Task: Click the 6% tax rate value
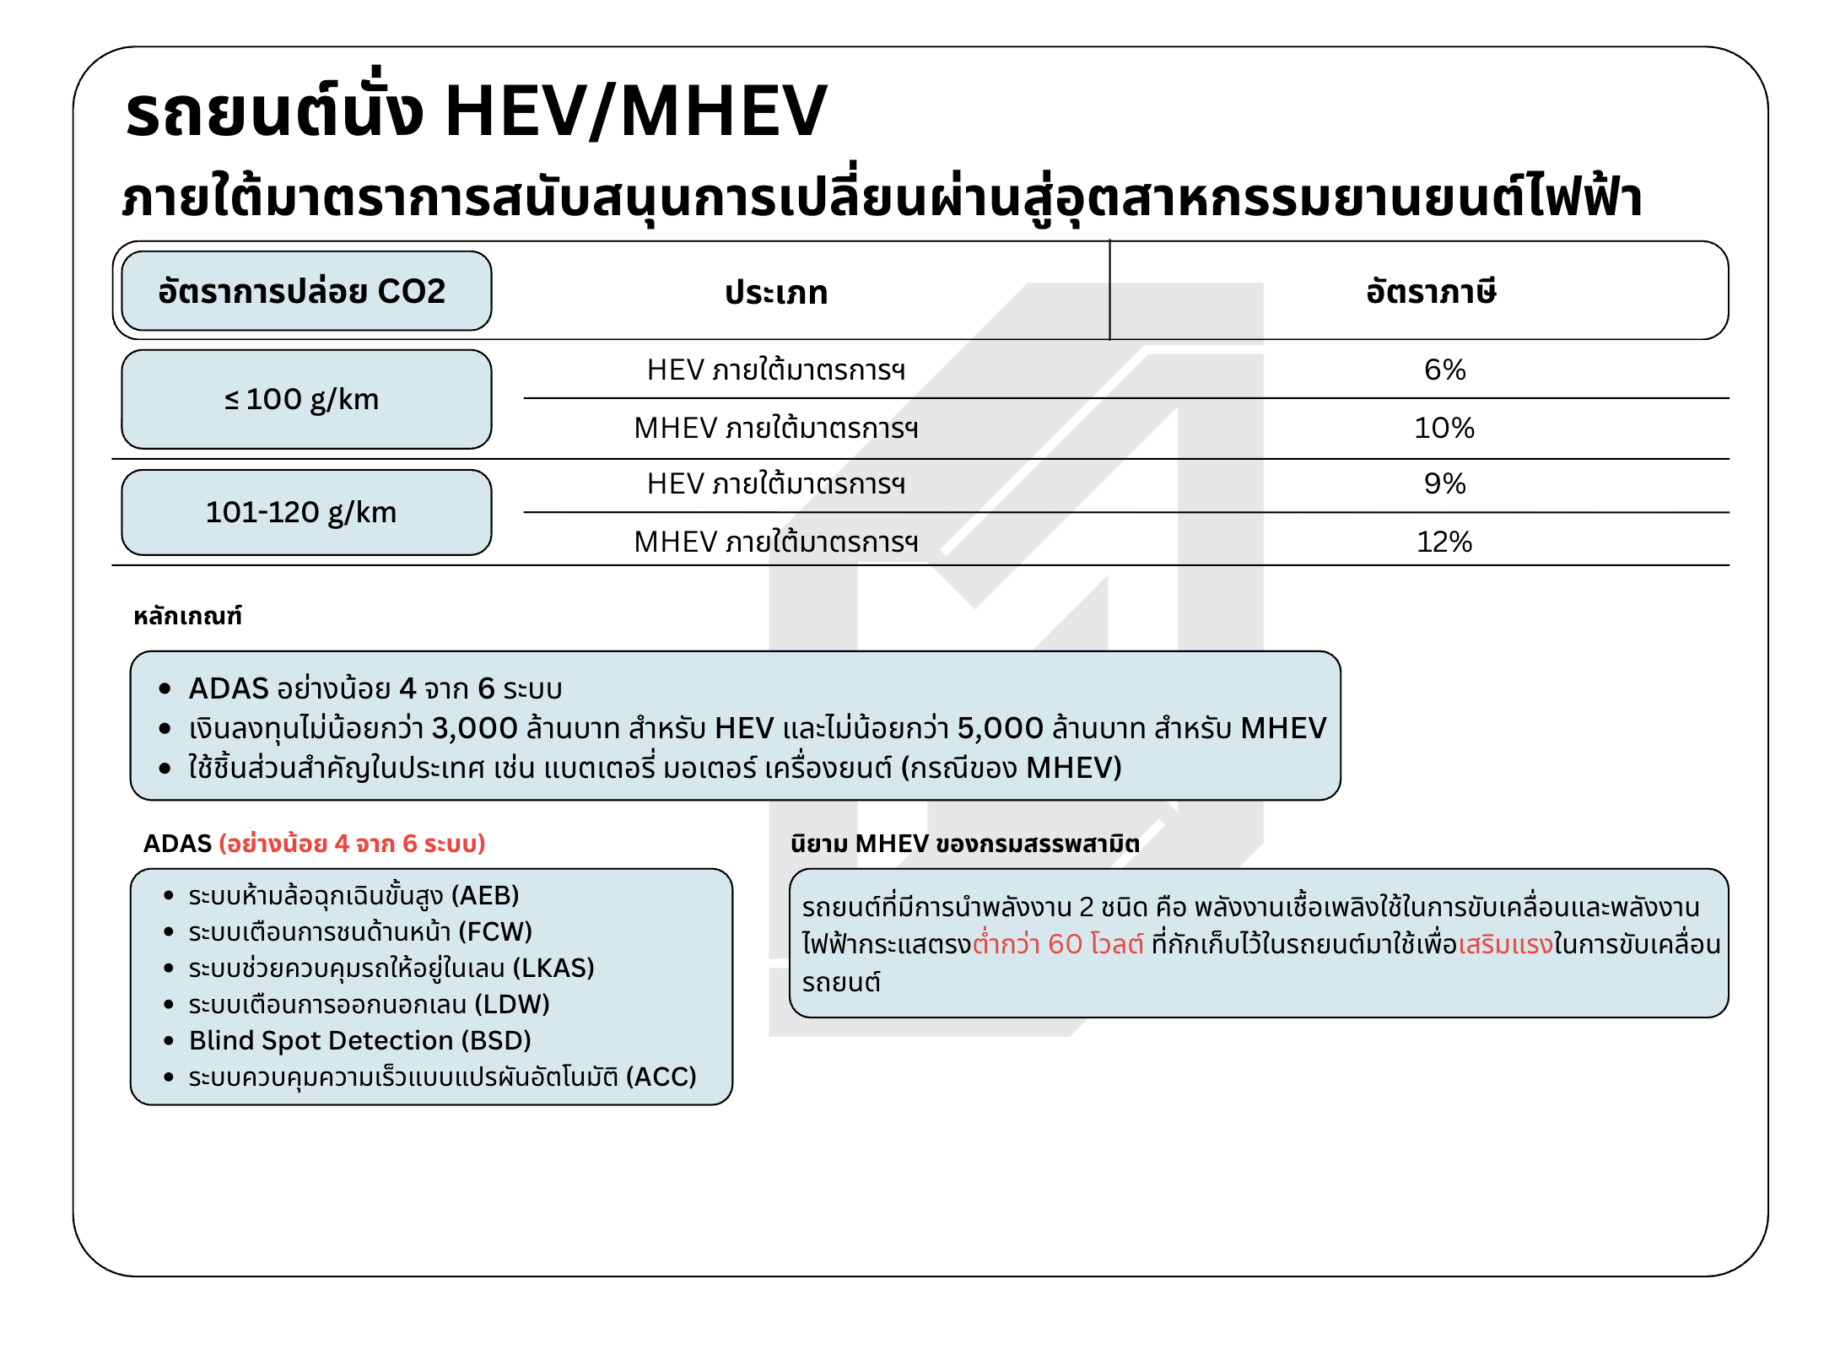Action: (x=1444, y=370)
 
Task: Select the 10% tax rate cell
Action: (x=1444, y=428)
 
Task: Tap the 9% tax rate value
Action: (x=1444, y=483)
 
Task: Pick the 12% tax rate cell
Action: (x=1444, y=542)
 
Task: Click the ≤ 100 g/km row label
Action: (x=302, y=399)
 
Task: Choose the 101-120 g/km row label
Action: (x=302, y=512)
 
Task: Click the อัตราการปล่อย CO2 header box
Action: (x=302, y=291)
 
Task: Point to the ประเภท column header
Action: (x=776, y=293)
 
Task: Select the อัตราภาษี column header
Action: (x=1432, y=292)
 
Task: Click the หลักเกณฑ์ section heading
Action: (x=187, y=617)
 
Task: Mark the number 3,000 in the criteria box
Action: (x=474, y=728)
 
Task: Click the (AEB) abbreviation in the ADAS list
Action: (x=485, y=895)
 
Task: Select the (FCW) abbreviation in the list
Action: (x=495, y=931)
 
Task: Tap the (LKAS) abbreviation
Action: (x=553, y=968)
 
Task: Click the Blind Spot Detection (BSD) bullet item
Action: (x=359, y=1040)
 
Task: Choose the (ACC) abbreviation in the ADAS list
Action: (x=661, y=1077)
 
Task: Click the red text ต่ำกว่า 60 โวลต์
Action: (x=1058, y=944)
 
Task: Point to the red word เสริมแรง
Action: (x=1505, y=944)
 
